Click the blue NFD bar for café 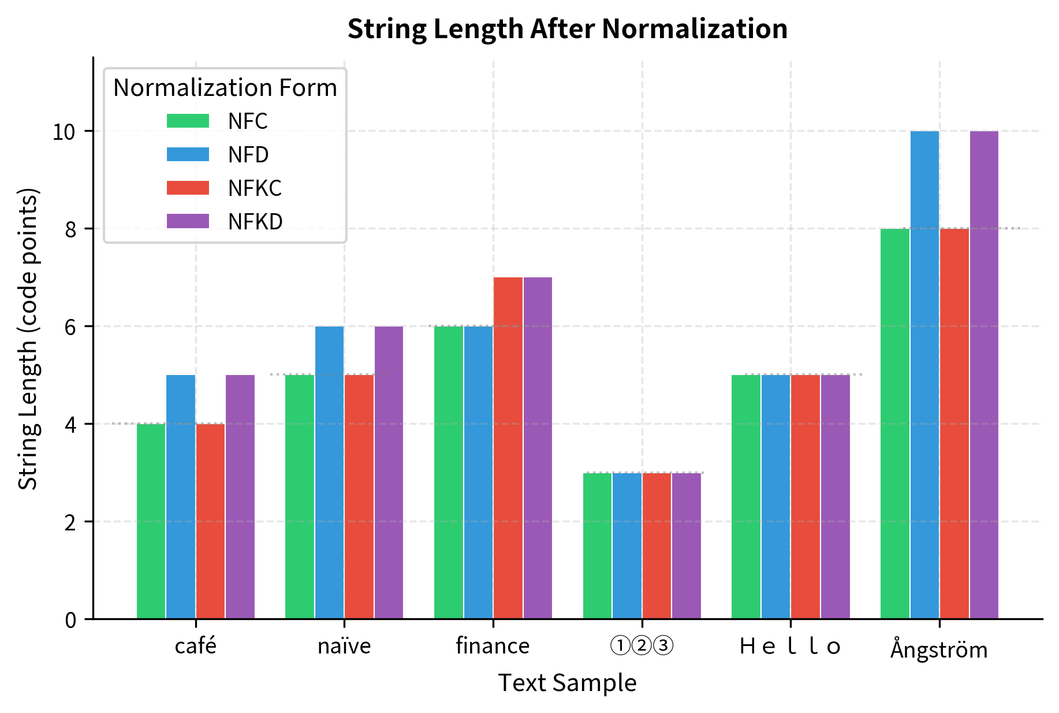coord(181,497)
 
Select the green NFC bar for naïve coord(300,497)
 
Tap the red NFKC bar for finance coord(508,448)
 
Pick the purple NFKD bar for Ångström coord(984,376)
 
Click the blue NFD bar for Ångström coord(924,376)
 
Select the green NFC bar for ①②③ coord(597,546)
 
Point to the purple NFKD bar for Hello coord(836,497)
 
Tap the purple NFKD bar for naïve coord(389,473)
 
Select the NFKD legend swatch coord(188,221)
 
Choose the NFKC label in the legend coord(255,188)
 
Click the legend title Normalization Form coord(225,88)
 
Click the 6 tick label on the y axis coord(70,328)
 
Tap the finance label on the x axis coord(493,646)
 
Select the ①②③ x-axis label coord(642,646)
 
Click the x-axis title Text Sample coord(567,683)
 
